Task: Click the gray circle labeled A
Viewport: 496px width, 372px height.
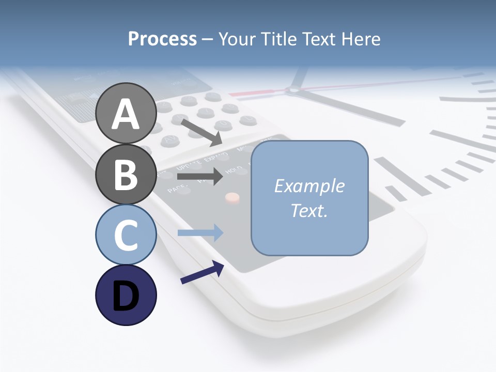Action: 126,113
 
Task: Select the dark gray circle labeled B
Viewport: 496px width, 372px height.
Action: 126,174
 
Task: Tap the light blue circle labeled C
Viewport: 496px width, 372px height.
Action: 126,235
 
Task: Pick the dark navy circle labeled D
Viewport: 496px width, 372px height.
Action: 126,296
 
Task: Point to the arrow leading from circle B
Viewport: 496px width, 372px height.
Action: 199,176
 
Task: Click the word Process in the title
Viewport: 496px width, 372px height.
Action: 162,39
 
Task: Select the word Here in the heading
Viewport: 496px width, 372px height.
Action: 361,39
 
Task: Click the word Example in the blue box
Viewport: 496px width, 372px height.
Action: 309,186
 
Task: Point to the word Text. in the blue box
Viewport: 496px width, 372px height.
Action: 309,210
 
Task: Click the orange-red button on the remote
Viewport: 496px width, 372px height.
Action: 233,197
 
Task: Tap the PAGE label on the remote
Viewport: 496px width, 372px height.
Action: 176,190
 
